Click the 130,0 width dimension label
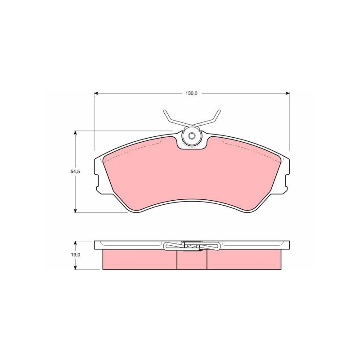point(191,93)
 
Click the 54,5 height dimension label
point(75,171)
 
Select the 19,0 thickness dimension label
point(75,255)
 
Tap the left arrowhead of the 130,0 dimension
point(96,93)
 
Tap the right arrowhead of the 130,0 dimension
point(288,93)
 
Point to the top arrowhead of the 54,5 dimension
point(75,133)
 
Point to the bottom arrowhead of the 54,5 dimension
point(75,211)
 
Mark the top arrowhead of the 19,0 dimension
point(75,243)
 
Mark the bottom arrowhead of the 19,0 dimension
point(75,267)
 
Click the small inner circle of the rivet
point(192,136)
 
